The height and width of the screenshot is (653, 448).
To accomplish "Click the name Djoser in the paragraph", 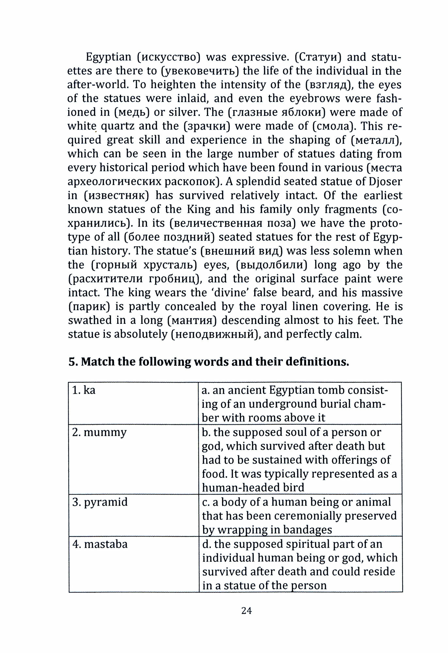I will [x=384, y=182].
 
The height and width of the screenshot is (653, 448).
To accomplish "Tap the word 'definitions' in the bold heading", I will [x=317, y=362].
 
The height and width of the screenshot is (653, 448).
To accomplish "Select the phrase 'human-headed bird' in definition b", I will [x=253, y=487].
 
